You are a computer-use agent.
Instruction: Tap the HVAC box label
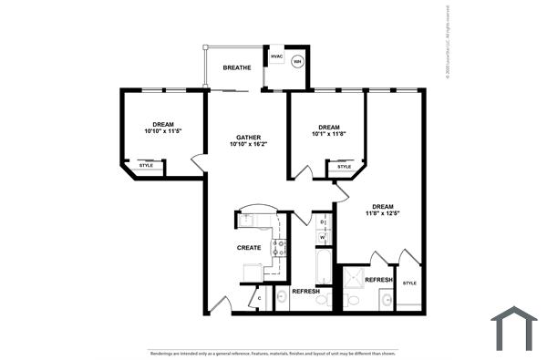[277, 57]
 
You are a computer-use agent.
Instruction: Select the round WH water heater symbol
[297, 62]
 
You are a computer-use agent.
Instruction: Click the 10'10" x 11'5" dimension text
[163, 131]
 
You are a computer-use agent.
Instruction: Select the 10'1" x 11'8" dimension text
[329, 134]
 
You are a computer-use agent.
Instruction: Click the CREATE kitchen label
[250, 248]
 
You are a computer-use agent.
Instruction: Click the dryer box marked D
[323, 222]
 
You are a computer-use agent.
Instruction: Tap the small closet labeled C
[259, 298]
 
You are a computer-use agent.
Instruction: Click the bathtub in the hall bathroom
[324, 268]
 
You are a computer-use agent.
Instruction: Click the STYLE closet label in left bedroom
[146, 165]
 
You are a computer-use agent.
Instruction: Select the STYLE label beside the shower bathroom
[409, 283]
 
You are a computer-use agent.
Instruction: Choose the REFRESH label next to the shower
[379, 280]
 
